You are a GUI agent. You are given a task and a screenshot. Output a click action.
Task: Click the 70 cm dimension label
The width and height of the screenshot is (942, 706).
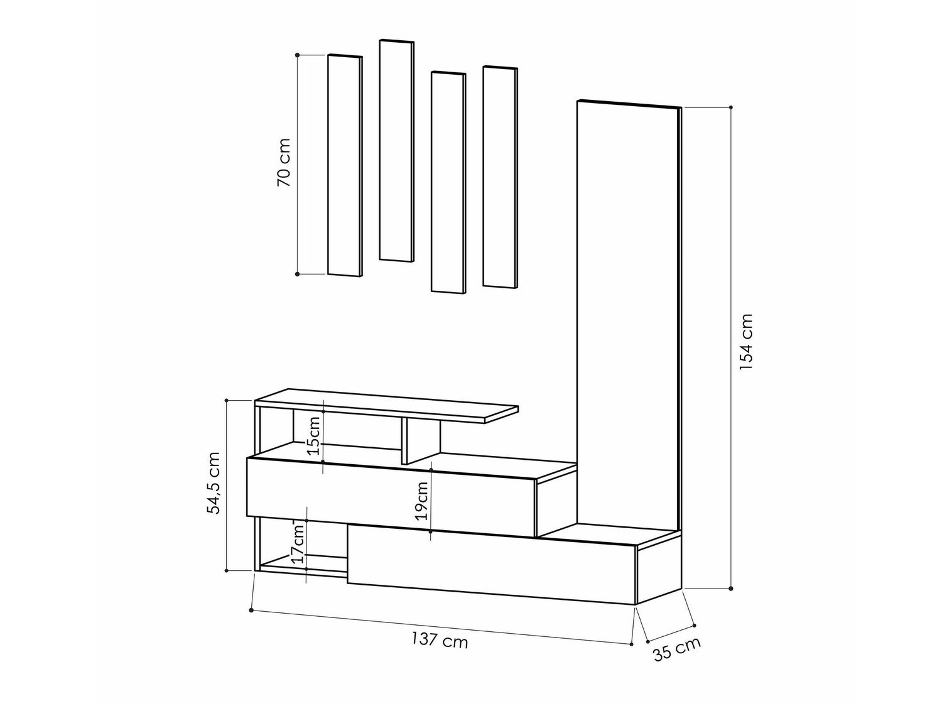[x=283, y=163]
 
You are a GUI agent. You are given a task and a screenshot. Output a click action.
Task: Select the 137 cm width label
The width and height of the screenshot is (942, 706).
[x=440, y=641]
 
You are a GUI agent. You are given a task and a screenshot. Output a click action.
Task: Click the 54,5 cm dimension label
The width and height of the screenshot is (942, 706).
[x=214, y=483]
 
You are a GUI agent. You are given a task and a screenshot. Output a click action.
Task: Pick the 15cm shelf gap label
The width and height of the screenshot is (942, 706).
[x=313, y=435]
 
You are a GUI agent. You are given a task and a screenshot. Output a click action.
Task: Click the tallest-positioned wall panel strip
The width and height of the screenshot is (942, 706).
[x=396, y=151]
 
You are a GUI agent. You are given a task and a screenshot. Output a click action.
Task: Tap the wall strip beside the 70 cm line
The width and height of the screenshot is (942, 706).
[x=345, y=165]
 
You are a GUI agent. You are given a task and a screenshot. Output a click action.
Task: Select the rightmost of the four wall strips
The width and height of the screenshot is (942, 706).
[x=500, y=177]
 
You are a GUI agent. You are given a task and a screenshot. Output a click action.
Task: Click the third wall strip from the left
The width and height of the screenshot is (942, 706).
[x=448, y=182]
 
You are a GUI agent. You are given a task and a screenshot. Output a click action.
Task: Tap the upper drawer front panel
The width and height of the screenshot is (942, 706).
[x=389, y=496]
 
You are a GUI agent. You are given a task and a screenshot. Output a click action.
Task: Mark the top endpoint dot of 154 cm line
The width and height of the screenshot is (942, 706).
[x=731, y=107]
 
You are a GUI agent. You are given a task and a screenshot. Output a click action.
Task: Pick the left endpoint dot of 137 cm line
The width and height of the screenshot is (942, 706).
[x=251, y=610]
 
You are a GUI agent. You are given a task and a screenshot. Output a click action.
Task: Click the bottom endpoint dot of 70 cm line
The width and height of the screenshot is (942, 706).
[x=297, y=274]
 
